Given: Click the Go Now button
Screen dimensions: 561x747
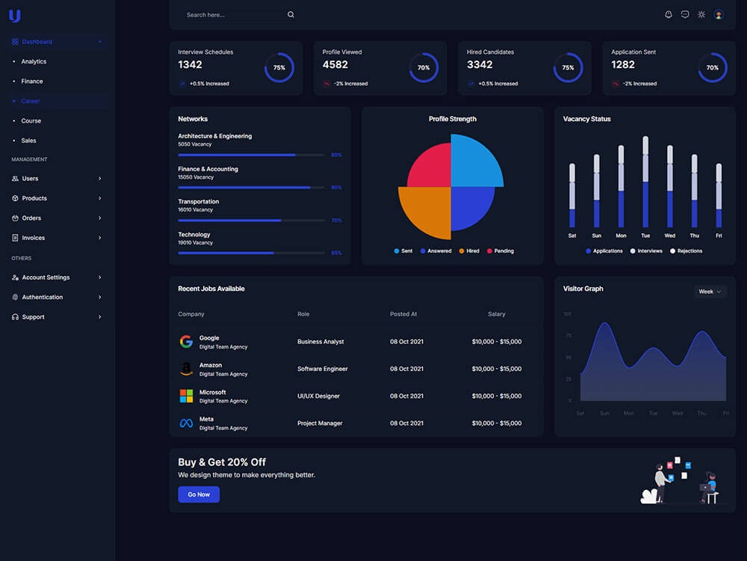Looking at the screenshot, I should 199,494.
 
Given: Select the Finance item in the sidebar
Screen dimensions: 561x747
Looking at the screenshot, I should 32,82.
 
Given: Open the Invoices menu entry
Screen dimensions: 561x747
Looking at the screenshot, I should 34,238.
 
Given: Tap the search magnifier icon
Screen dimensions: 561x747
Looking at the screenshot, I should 291,15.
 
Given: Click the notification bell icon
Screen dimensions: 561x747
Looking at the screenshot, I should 668,14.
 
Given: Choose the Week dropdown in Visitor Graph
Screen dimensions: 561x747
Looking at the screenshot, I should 710,292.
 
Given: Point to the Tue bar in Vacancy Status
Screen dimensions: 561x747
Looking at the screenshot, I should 645,183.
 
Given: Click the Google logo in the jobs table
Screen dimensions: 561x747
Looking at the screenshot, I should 186,342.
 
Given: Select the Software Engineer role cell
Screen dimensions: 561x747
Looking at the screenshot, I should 323,369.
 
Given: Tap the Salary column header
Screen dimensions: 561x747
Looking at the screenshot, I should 497,314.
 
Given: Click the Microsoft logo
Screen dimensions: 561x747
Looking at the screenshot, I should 186,396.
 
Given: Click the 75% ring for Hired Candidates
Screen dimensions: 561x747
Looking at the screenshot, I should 568,67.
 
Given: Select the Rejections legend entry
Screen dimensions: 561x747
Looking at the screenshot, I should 686,251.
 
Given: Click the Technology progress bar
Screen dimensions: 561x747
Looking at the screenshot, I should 251,253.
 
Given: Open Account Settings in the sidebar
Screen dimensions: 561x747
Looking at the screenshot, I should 46,278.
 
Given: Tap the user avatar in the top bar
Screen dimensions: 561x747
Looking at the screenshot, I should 719,14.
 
